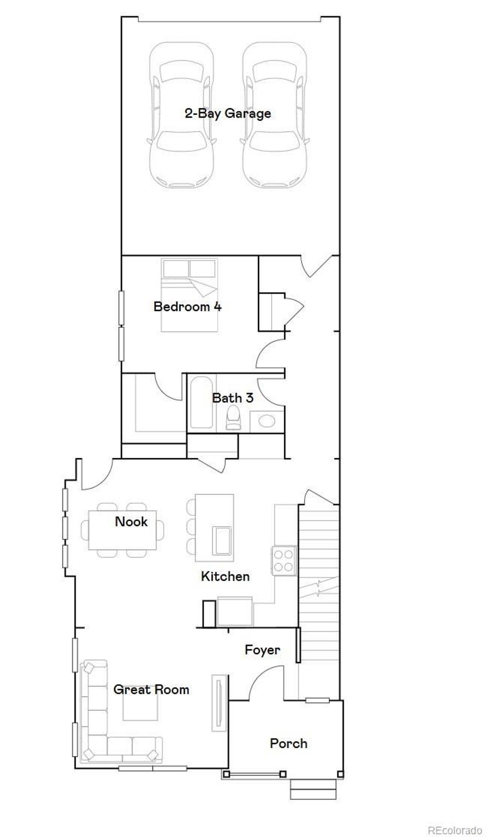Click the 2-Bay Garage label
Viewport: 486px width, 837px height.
[x=228, y=114]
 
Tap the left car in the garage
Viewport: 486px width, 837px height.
[x=181, y=114]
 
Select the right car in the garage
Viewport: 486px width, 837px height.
[x=274, y=114]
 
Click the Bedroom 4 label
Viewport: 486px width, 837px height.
[x=188, y=307]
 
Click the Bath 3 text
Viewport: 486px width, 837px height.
[x=232, y=398]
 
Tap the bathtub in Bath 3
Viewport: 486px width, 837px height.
[x=201, y=402]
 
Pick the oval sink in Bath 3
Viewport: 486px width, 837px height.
[x=267, y=421]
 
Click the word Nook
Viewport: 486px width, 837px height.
[x=131, y=522]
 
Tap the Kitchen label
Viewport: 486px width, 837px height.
[x=225, y=576]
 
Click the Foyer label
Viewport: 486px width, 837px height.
[x=262, y=650]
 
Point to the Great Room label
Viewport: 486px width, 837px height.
[x=151, y=690]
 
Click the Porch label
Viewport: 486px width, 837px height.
[x=289, y=743]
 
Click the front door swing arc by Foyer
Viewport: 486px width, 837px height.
[x=266, y=680]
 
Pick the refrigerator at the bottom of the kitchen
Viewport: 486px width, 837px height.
[x=235, y=611]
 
